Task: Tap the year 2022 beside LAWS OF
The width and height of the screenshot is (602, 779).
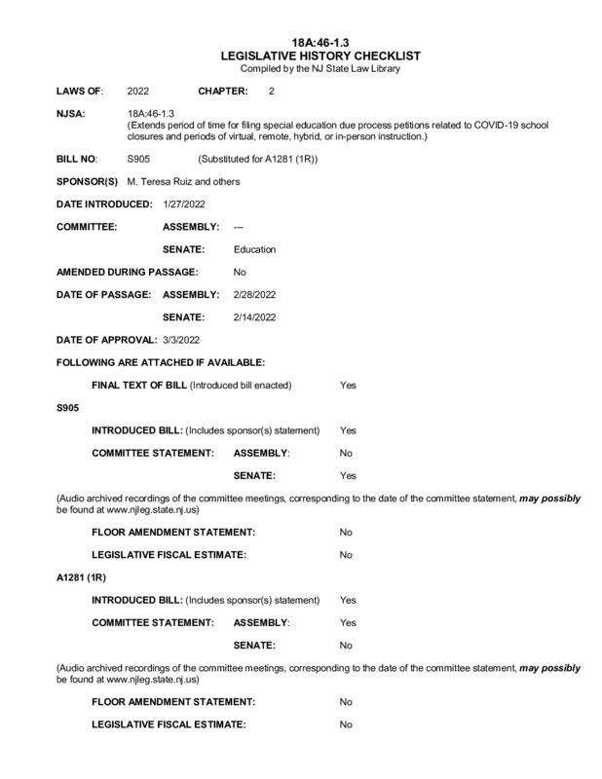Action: tap(138, 91)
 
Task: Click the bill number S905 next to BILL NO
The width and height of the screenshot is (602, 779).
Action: tap(138, 158)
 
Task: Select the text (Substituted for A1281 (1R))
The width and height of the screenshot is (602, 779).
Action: tap(258, 158)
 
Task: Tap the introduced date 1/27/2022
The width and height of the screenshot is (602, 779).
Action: tap(185, 204)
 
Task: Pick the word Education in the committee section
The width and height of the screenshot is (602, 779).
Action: tap(255, 249)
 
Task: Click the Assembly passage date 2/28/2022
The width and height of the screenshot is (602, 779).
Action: tap(255, 294)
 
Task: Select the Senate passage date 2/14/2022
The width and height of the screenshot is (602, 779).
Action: tap(255, 317)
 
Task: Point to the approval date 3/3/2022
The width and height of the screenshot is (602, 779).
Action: tap(181, 340)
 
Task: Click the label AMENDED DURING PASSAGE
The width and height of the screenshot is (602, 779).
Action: tap(128, 272)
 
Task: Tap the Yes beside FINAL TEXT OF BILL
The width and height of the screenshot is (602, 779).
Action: tap(348, 386)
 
